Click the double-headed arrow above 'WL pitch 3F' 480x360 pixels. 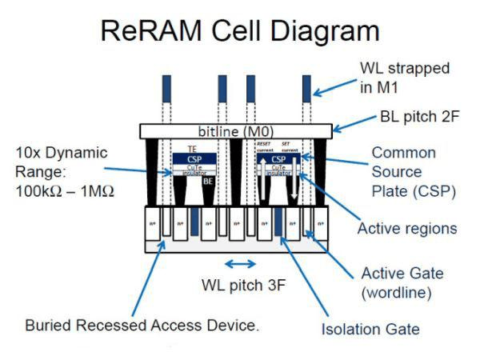(x=240, y=263)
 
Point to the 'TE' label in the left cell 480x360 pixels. (x=192, y=149)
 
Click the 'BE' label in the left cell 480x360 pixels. (x=206, y=182)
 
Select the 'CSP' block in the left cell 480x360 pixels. (x=192, y=158)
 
